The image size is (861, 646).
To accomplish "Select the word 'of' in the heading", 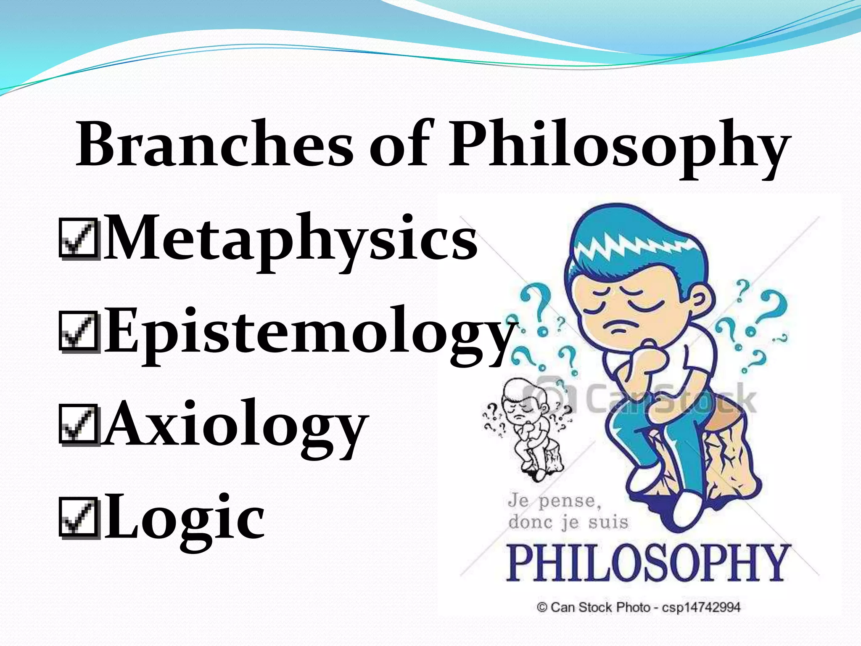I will click(x=401, y=143).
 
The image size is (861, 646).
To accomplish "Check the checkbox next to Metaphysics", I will click(x=79, y=238).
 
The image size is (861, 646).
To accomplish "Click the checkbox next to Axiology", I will click(x=79, y=425).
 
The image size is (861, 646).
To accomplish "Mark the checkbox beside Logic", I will click(x=79, y=517).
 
